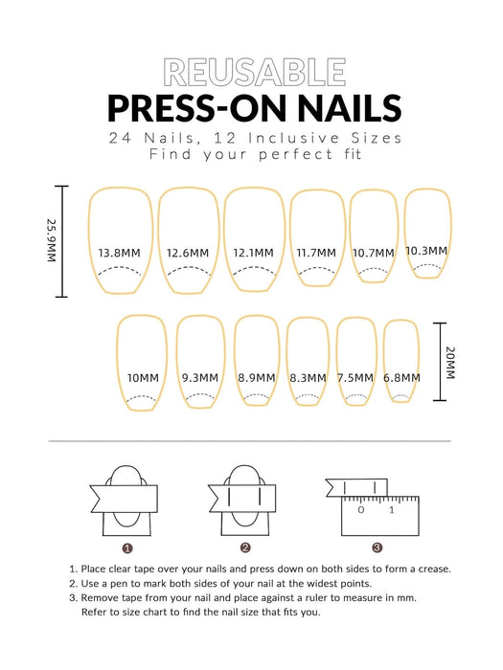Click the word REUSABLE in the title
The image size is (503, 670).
(255, 73)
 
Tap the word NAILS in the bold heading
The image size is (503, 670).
(350, 108)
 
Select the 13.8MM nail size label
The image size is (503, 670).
(120, 253)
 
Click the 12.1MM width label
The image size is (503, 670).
(253, 253)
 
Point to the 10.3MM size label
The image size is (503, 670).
(427, 251)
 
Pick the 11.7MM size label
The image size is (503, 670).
(316, 253)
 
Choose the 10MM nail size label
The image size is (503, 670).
(143, 378)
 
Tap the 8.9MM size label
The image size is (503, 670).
(257, 378)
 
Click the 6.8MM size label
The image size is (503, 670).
(401, 378)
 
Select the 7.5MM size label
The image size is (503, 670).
(355, 378)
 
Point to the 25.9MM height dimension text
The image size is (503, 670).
(52, 240)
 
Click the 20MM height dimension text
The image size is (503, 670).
(450, 363)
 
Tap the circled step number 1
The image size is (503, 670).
(127, 547)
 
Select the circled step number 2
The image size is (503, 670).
(245, 547)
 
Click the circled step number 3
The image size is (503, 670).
(377, 547)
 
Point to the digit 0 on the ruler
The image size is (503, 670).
(361, 510)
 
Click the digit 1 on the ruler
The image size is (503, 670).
(391, 510)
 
